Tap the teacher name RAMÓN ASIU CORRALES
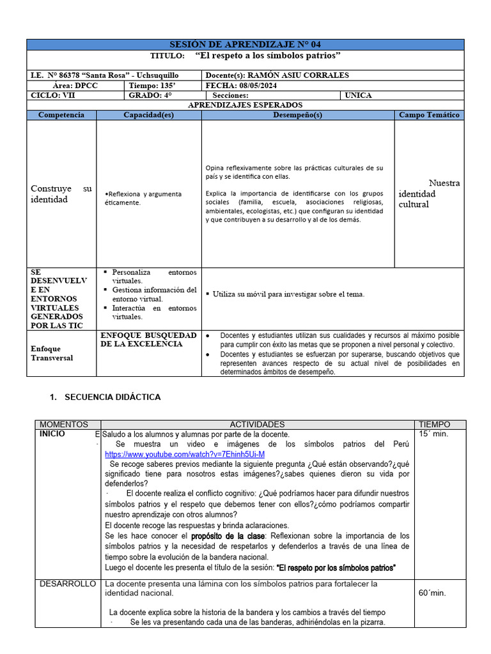(x=298, y=75)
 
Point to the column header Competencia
(x=61, y=115)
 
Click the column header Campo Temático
(x=429, y=115)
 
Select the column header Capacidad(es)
(x=148, y=115)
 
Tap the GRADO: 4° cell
(x=150, y=95)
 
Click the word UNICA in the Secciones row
(x=358, y=95)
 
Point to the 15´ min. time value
(x=433, y=434)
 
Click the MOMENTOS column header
(x=64, y=425)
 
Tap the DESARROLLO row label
(x=68, y=584)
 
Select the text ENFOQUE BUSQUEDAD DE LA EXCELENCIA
(x=148, y=339)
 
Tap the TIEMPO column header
(x=434, y=425)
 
